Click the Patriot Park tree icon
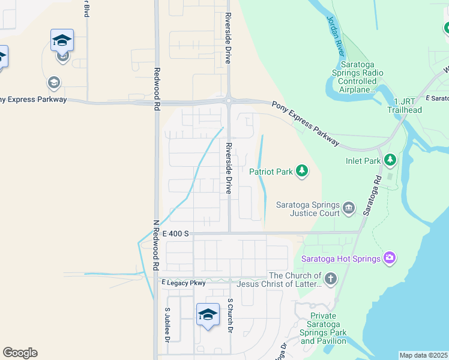[x=302, y=172]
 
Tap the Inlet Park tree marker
[x=390, y=160]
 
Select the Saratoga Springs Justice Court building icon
[x=349, y=209]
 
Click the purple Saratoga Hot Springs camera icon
[x=390, y=258]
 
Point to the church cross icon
[x=330, y=278]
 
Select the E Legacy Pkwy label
[x=184, y=283]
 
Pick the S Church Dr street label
[x=229, y=313]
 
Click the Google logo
[x=20, y=353]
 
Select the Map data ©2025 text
[x=423, y=355]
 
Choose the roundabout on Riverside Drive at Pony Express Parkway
[x=229, y=100]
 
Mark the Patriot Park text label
[x=271, y=172]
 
